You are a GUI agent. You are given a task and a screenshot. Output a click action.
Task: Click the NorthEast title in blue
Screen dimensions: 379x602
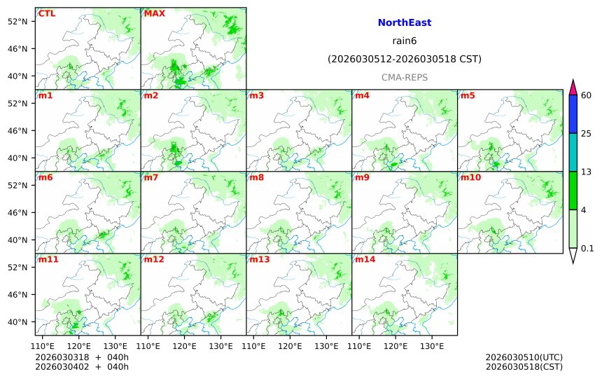click(404, 23)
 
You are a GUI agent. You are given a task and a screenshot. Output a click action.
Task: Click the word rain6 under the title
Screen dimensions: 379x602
click(404, 41)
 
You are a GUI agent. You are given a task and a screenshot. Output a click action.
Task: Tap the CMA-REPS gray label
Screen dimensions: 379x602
click(404, 77)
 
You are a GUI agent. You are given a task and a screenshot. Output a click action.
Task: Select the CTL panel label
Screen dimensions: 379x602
click(47, 13)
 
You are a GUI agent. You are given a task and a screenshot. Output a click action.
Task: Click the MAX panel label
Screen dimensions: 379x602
click(154, 13)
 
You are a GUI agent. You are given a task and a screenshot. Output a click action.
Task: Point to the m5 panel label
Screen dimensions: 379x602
click(468, 95)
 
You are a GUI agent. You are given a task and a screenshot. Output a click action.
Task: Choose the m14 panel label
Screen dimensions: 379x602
click(365, 259)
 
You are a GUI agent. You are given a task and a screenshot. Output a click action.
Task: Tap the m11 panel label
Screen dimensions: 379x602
click(48, 259)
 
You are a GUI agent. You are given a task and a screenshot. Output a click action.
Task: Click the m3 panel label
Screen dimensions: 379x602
click(256, 95)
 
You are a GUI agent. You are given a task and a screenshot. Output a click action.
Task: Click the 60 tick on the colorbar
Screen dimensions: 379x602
click(587, 95)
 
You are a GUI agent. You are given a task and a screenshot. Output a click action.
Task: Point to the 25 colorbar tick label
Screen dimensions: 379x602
click(587, 134)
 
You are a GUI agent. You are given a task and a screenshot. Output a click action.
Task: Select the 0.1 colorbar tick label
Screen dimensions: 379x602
click(587, 248)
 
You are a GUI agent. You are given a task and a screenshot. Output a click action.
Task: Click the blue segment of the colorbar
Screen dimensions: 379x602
click(573, 114)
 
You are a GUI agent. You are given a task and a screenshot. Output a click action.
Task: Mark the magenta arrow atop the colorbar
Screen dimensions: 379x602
click(573, 87)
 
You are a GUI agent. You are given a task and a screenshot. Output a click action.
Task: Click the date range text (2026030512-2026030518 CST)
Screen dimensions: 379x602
click(404, 60)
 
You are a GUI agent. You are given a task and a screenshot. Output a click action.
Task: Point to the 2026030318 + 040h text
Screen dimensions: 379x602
click(82, 357)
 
